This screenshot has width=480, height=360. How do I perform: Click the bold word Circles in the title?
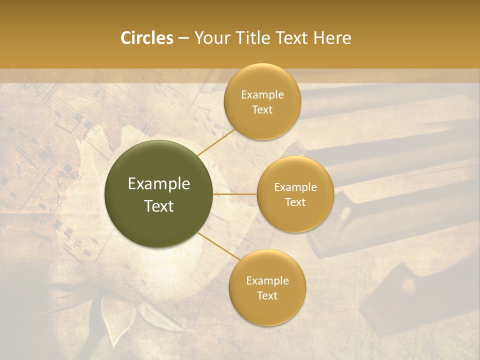(146, 38)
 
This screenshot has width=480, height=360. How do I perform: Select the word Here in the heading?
(332, 38)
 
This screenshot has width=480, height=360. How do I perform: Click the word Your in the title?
(212, 38)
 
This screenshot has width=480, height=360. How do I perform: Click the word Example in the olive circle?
(159, 184)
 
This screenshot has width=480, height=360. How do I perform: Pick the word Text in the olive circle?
(159, 206)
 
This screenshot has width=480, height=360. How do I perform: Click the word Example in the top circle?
(262, 95)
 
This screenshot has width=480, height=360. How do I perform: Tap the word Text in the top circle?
(262, 110)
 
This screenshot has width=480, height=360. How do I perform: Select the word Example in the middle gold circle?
(295, 187)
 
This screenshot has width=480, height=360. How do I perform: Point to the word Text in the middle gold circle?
(295, 202)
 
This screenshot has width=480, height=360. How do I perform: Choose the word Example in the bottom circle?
(267, 281)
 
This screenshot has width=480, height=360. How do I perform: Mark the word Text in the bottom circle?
(267, 296)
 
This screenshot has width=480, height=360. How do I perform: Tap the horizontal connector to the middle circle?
(235, 194)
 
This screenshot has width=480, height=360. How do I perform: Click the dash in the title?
(183, 38)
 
